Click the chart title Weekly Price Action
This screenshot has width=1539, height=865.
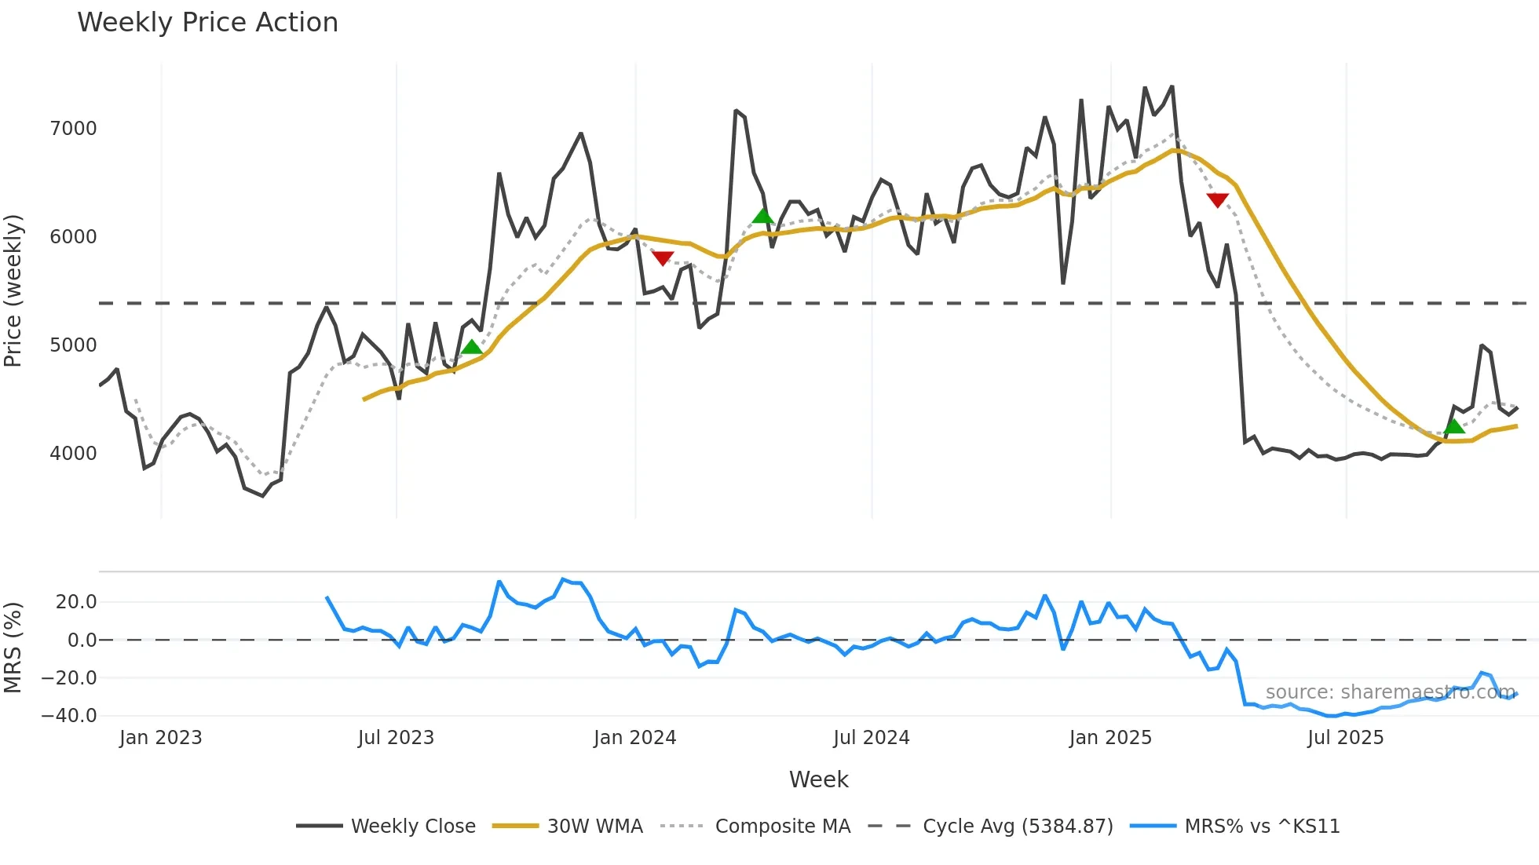click(x=207, y=23)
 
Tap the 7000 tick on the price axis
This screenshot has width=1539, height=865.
click(x=73, y=129)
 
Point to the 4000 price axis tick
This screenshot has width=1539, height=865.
click(x=73, y=454)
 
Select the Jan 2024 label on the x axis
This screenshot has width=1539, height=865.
click(x=634, y=738)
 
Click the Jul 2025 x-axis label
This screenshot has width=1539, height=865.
click(x=1345, y=738)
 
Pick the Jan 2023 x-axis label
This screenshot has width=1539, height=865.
click(x=160, y=738)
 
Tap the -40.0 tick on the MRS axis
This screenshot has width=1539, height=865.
click(x=69, y=716)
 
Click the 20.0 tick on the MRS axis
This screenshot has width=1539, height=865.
click(x=76, y=602)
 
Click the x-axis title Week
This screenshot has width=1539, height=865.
click(x=818, y=779)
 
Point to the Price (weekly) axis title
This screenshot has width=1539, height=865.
click(x=13, y=290)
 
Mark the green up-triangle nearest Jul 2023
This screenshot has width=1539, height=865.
click(x=471, y=347)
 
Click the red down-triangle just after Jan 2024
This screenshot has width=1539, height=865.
click(x=663, y=257)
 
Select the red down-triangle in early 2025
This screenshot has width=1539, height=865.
click(x=1217, y=200)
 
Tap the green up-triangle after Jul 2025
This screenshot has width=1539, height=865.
click(x=1454, y=426)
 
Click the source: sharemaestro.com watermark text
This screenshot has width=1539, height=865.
click(x=1390, y=692)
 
